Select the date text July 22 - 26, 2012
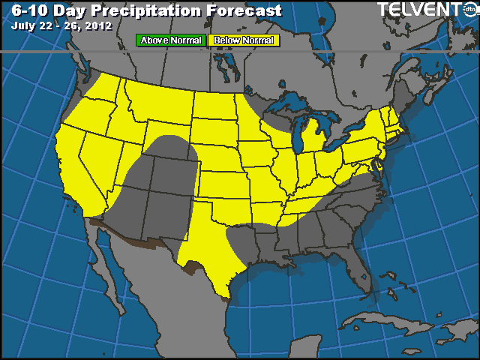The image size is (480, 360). point(61,25)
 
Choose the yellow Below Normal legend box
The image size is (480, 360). point(243,40)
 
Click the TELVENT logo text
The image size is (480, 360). point(417,9)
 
